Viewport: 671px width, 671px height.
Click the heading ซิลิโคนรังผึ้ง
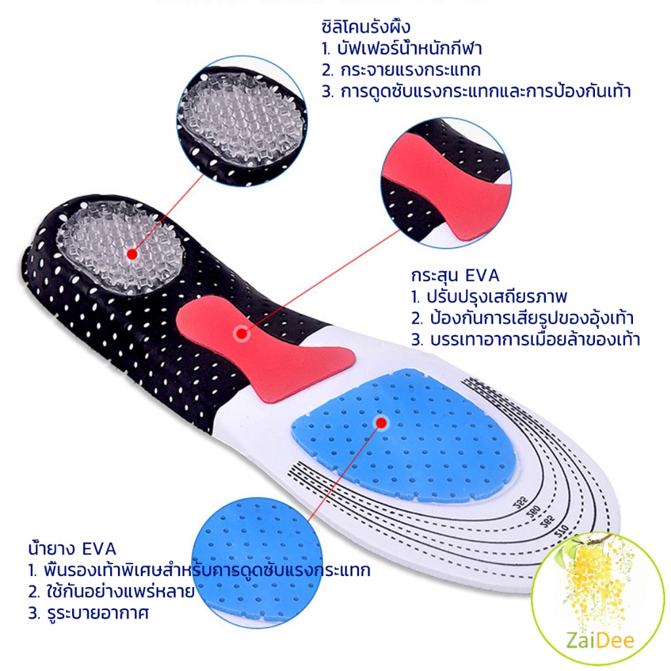click(x=365, y=28)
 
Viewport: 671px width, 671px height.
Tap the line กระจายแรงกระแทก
click(x=402, y=70)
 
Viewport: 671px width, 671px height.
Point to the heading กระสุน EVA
click(x=455, y=275)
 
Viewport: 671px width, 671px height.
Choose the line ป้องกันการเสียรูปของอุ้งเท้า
click(x=523, y=318)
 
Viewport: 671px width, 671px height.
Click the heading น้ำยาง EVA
click(x=72, y=548)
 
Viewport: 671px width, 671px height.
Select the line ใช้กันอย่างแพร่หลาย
click(x=111, y=592)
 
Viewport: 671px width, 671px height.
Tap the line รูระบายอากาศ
click(x=92, y=614)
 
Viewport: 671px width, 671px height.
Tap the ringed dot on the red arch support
click(x=241, y=334)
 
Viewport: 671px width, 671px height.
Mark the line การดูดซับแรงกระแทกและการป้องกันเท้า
click(x=476, y=92)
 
